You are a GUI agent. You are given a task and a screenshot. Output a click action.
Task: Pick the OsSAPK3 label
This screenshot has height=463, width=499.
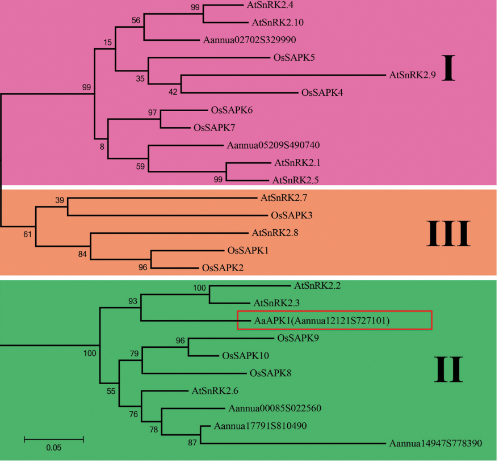[x=292, y=215]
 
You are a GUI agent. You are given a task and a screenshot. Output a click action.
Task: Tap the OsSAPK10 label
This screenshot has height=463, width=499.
[x=245, y=356]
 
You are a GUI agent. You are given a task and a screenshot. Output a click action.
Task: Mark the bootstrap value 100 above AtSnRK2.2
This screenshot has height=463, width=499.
[x=199, y=288]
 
